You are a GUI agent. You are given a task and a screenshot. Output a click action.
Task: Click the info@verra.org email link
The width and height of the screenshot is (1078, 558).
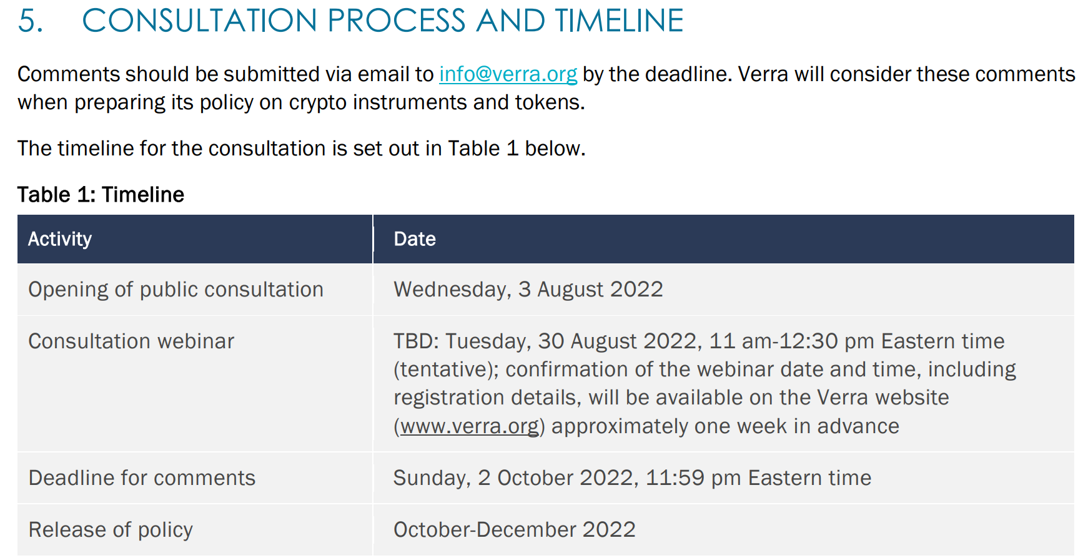508,74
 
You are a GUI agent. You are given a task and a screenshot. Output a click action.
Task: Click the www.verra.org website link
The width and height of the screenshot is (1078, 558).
469,426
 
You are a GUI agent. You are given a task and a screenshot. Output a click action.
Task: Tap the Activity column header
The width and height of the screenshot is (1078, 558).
60,239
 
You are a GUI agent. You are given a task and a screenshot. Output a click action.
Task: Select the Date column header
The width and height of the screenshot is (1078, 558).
415,239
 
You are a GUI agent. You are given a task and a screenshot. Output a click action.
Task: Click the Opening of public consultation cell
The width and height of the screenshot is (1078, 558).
176,290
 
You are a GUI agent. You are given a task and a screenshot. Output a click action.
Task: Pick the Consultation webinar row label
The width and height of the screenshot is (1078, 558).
131,341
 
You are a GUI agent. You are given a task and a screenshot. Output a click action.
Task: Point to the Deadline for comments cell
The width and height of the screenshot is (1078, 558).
142,478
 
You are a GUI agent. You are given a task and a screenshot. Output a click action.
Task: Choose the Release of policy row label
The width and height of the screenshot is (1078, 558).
111,530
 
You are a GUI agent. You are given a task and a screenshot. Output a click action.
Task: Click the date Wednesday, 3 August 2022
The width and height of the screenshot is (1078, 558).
528,290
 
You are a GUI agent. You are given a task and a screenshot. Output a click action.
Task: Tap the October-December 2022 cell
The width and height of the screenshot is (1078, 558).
515,530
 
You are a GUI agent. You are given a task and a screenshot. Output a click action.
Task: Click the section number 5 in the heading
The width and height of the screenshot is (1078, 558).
29,21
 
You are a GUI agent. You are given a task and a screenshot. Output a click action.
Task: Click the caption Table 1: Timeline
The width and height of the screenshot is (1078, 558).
101,195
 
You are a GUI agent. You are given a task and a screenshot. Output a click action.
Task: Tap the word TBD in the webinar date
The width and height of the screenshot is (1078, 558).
417,341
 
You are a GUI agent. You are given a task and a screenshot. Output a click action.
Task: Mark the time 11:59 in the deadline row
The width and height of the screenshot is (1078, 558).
675,478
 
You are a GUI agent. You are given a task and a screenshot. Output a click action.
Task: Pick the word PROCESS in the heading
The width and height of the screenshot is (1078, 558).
397,21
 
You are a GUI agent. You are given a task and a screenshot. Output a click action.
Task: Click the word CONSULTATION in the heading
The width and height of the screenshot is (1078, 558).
200,21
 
